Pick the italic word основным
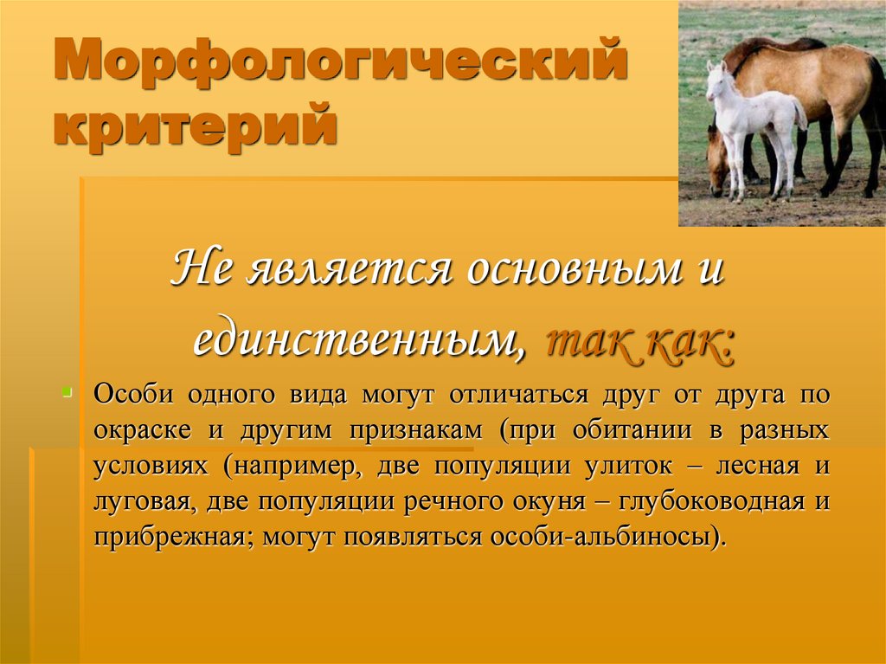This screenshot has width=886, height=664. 568,269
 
